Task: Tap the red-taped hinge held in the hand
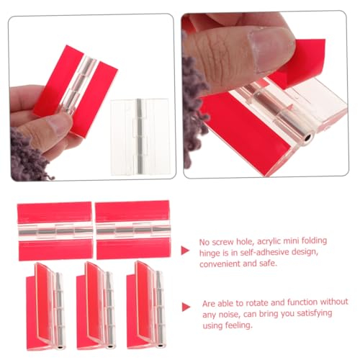tap(75, 86)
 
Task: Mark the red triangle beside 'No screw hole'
tap(185, 250)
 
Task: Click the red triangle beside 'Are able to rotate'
tap(186, 306)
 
